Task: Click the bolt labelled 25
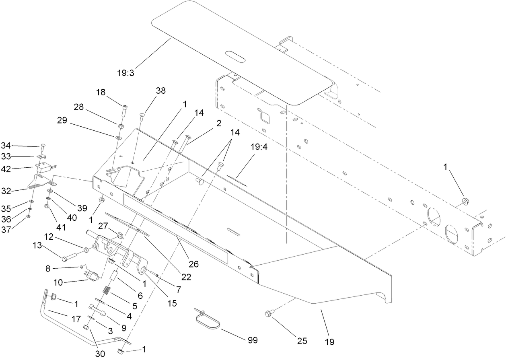(x=270, y=313)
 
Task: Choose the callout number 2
(x=219, y=123)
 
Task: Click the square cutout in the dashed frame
(x=265, y=118)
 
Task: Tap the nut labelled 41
(x=47, y=206)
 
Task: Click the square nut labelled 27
(x=119, y=234)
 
